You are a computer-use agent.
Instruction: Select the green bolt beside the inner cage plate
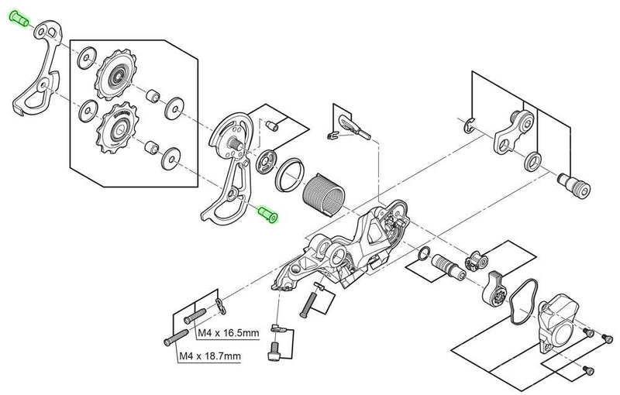269,213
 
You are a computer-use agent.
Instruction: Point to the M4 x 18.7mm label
210,357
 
